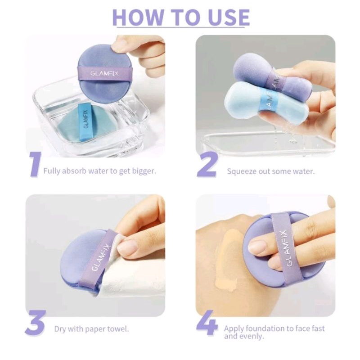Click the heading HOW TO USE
pyautogui.click(x=180, y=17)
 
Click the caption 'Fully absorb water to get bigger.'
pyautogui.click(x=99, y=171)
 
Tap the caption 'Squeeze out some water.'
pyautogui.click(x=270, y=171)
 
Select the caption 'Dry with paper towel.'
pyautogui.click(x=91, y=328)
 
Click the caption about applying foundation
pyautogui.click(x=274, y=332)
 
